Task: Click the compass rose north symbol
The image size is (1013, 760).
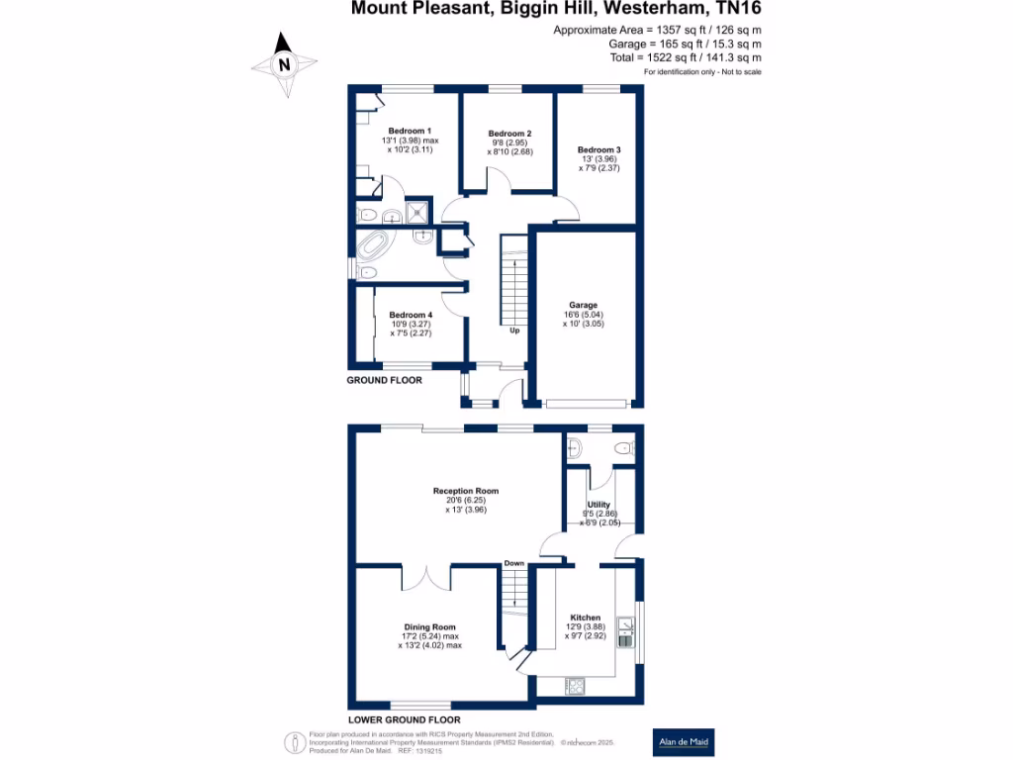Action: [x=285, y=64]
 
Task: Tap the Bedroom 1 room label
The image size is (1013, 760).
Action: [x=409, y=131]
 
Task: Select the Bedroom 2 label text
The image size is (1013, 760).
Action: [x=509, y=134]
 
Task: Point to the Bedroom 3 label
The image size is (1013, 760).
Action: [x=599, y=149]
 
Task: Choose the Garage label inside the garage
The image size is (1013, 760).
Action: [x=583, y=306]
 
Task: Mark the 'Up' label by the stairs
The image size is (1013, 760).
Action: [x=514, y=331]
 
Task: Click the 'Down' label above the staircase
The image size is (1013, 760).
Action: [x=514, y=563]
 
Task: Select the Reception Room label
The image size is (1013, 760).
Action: [x=465, y=491]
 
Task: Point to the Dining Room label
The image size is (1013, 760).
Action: [x=429, y=626]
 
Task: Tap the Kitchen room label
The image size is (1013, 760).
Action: [x=584, y=617]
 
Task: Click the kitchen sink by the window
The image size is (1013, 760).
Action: [x=625, y=631]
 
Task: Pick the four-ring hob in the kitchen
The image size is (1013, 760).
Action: [x=577, y=685]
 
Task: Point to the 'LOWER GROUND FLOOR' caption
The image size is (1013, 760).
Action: [x=404, y=719]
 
